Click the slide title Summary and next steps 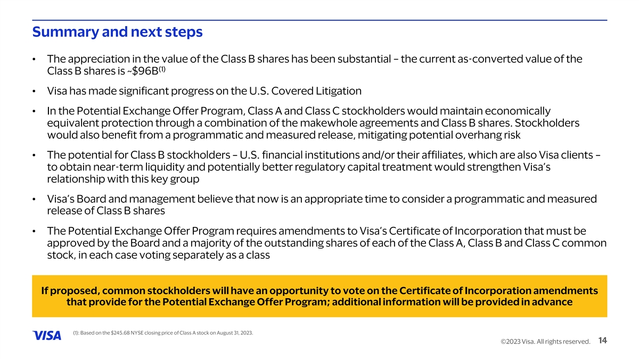pyautogui.click(x=117, y=32)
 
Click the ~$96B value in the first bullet pyautogui.click(x=143, y=71)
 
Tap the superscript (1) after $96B pyautogui.click(x=162, y=69)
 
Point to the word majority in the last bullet pyautogui.click(x=208, y=243)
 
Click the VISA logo pyautogui.click(x=47, y=336)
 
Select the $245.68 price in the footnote pyautogui.click(x=120, y=333)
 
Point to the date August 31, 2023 pyautogui.click(x=235, y=333)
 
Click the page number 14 pyautogui.click(x=602, y=341)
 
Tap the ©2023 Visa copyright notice pyautogui.click(x=545, y=342)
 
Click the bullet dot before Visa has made pyautogui.click(x=34, y=92)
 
